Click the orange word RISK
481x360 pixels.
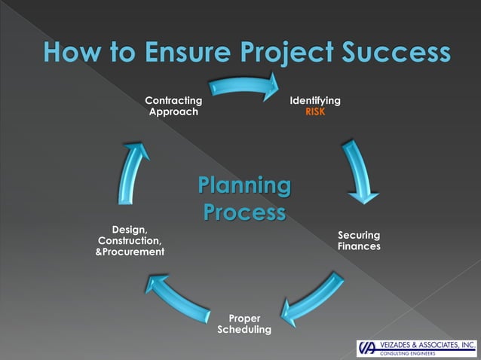tap(315, 112)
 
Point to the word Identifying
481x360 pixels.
tap(315, 100)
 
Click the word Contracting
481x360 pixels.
tap(173, 100)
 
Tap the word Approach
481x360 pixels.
tap(173, 112)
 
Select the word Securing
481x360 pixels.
tap(359, 235)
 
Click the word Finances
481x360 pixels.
tap(359, 246)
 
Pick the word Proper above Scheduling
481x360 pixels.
tap(244, 319)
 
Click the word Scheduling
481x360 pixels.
tap(244, 330)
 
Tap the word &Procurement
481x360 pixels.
tap(130, 252)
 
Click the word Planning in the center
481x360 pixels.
tap(244, 185)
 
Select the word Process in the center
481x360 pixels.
tap(244, 212)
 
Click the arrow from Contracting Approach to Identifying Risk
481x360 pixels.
tap(243, 86)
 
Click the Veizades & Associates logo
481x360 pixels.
tap(417, 347)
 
